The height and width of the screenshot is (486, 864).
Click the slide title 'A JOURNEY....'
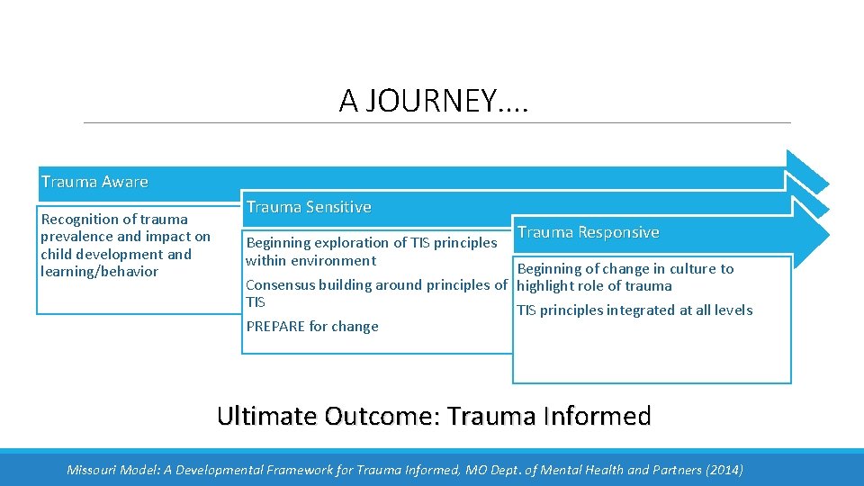[x=434, y=100]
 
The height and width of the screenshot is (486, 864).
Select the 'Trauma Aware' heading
[x=94, y=182]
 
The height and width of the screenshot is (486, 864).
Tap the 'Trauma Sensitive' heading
[x=309, y=207]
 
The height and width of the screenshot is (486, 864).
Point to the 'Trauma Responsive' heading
[x=588, y=232]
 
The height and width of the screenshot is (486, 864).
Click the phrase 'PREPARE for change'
[x=311, y=326]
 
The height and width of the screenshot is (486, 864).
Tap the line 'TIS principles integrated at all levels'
[x=634, y=310]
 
